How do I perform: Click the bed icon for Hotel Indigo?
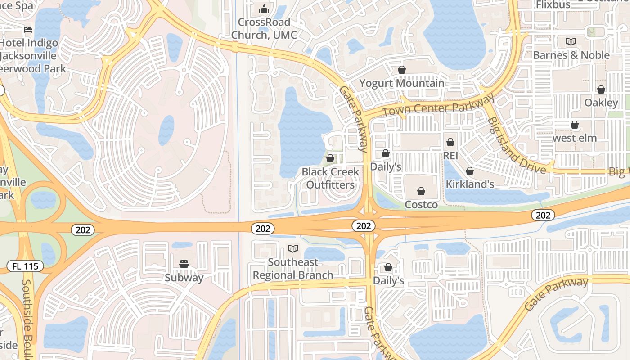click(28, 30)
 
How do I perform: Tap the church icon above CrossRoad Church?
click(264, 9)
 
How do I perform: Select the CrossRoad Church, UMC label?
click(264, 28)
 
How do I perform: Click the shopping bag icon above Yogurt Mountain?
click(401, 70)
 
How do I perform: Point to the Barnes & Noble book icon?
click(571, 42)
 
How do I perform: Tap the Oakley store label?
click(601, 103)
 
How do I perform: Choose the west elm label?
click(575, 138)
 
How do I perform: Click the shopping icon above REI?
click(450, 142)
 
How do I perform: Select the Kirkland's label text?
click(470, 184)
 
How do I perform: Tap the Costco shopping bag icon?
click(421, 191)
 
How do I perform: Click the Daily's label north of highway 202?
click(386, 166)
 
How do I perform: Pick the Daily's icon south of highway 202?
click(388, 268)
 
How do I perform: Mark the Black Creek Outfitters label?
click(330, 178)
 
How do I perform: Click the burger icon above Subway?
click(184, 264)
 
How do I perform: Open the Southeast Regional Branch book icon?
click(293, 248)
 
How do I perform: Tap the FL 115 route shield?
click(25, 266)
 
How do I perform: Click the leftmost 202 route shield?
click(83, 230)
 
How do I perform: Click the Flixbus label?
click(553, 4)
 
